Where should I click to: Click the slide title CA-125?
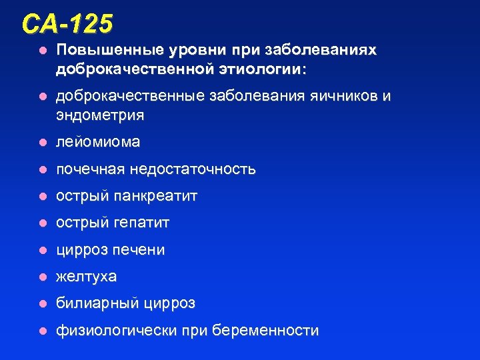click(67, 24)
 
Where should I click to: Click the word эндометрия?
click(100, 115)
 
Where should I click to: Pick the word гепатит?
click(141, 223)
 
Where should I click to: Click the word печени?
click(139, 250)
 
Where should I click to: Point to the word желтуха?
click(86, 276)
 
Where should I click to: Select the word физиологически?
click(115, 331)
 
